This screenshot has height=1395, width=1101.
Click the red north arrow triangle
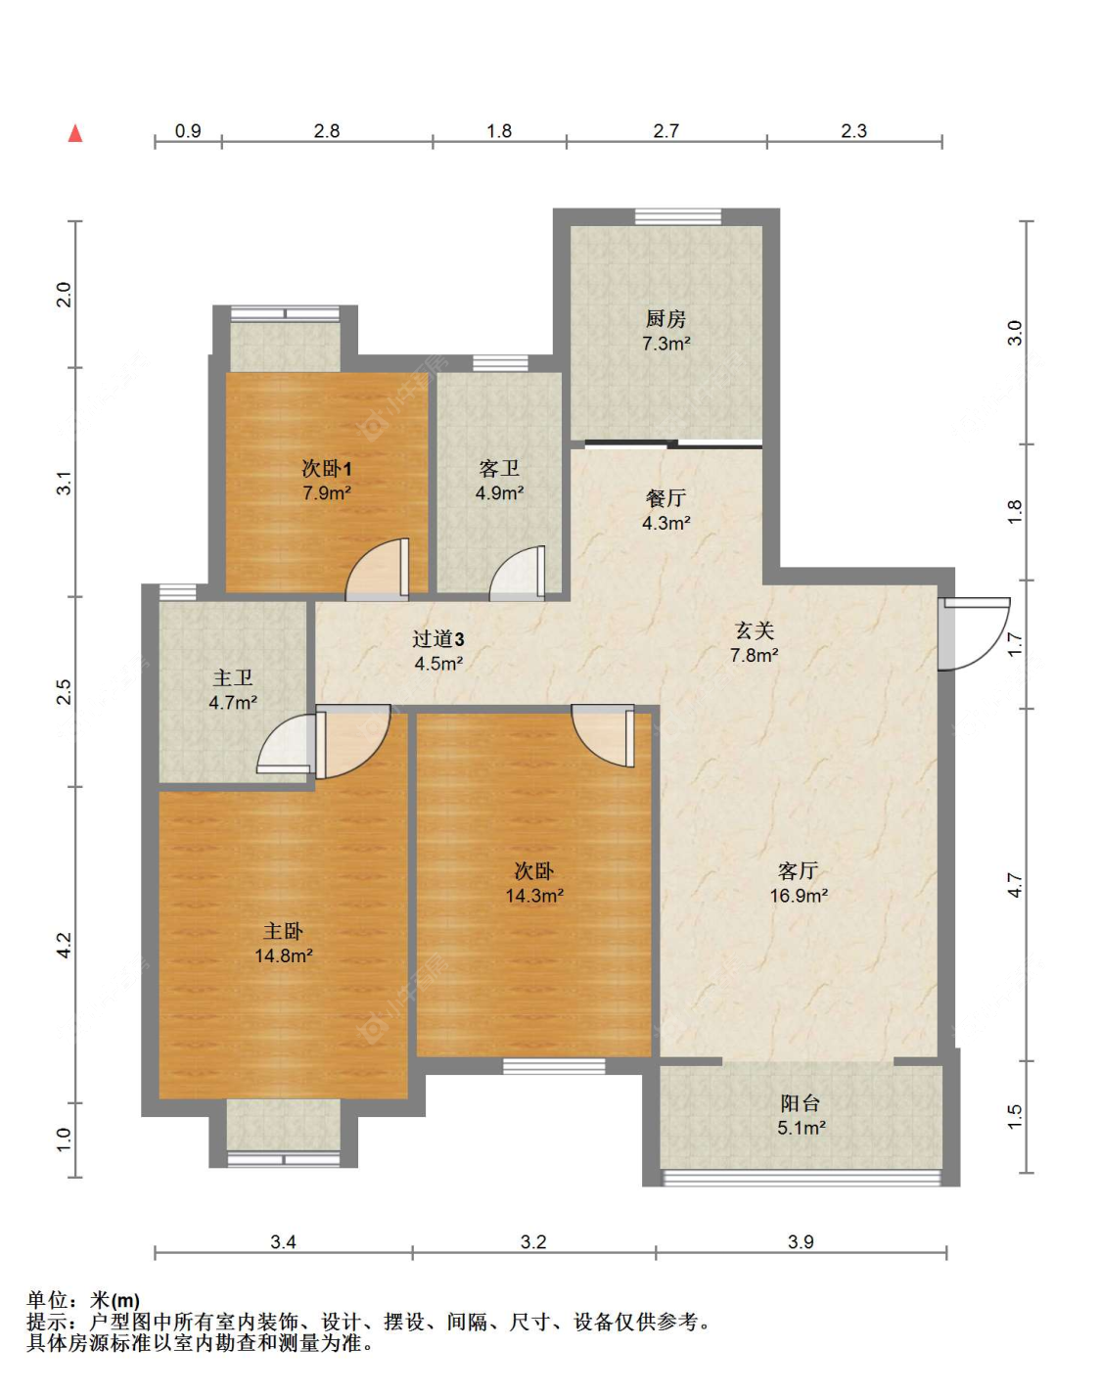click(x=75, y=133)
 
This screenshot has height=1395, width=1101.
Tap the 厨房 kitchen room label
click(x=665, y=319)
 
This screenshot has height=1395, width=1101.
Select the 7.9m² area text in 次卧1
click(x=327, y=493)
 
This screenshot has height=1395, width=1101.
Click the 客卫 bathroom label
click(x=499, y=469)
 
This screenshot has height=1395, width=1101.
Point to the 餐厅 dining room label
click(x=665, y=498)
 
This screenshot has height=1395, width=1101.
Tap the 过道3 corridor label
click(x=438, y=639)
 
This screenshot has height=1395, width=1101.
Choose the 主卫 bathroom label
click(x=233, y=678)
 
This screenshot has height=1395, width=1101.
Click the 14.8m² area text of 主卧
click(x=284, y=955)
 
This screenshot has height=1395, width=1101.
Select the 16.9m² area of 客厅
click(x=799, y=895)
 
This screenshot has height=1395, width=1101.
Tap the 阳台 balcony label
click(x=801, y=1102)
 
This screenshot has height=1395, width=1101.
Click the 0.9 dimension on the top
click(x=188, y=131)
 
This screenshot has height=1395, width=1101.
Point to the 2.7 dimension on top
click(x=665, y=131)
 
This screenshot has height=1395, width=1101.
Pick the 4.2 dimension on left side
click(x=65, y=945)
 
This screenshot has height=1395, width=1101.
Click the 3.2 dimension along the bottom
click(x=533, y=1241)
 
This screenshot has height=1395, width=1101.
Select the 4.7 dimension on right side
click(x=1015, y=886)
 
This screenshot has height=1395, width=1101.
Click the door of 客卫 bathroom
click(x=517, y=573)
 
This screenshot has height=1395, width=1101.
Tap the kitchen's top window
click(x=678, y=216)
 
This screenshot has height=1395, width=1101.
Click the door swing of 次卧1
click(x=377, y=569)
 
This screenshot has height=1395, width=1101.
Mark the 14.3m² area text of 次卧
click(x=534, y=895)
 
